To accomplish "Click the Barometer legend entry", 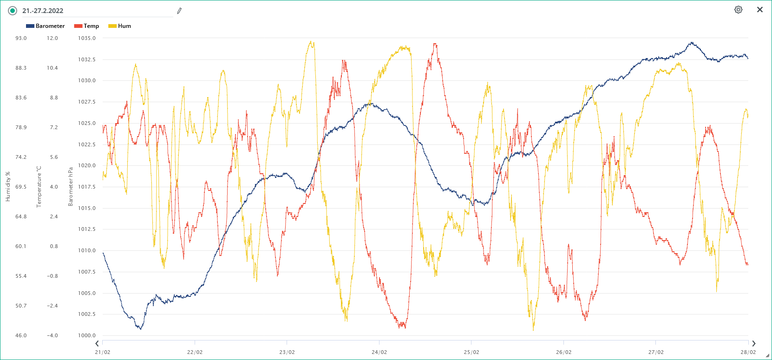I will pos(46,26).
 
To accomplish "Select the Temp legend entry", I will pos(87,26).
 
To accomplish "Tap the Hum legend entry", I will pos(120,26).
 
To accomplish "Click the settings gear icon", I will pos(738,10).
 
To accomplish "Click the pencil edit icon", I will pos(179,11).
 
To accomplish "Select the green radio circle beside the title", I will pos(13,11).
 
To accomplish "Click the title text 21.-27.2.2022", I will pos(43,11).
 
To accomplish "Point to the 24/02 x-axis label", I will pos(379,352).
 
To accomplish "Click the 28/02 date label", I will pos(748,352).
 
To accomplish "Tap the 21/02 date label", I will pos(103,352).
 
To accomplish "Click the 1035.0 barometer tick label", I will pos(87,38).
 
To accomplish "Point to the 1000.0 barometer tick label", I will pos(87,335).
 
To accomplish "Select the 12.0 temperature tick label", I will pos(52,38).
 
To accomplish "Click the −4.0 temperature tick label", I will pos(52,335).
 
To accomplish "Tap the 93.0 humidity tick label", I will pos(21,38).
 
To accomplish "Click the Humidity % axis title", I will pos(8,187).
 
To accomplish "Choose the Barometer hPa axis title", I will pos(71,187).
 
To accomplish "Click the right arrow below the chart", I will pos(753,344).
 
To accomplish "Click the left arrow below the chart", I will pos(97,344).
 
